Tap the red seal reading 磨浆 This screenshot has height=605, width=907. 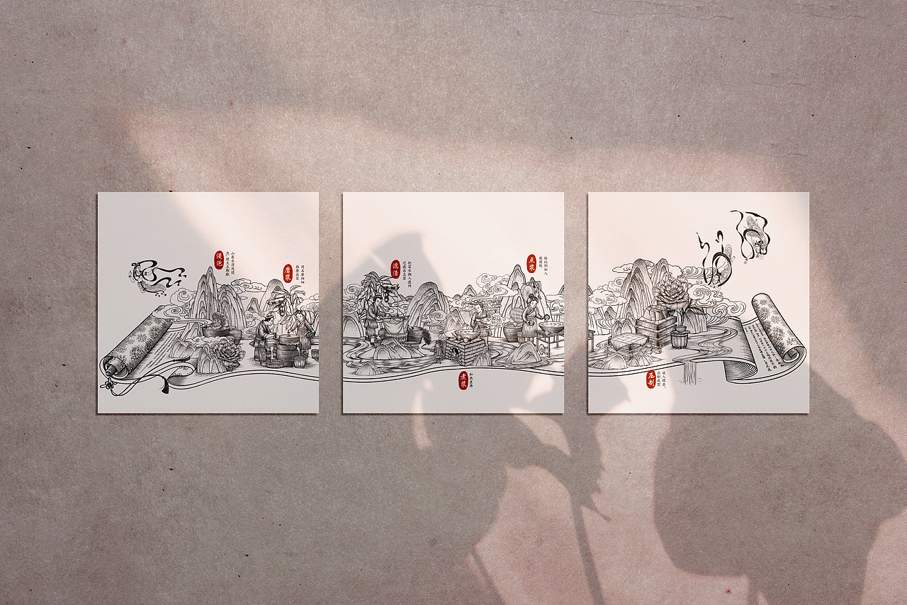pyautogui.click(x=288, y=274)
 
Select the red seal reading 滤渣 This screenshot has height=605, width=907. pyautogui.click(x=395, y=268)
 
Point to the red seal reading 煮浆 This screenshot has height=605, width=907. pyautogui.click(x=463, y=382)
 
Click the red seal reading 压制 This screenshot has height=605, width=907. pyautogui.click(x=650, y=379)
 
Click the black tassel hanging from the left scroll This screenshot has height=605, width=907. pyautogui.click(x=163, y=385)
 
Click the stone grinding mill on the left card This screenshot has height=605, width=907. pyautogui.click(x=286, y=348)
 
